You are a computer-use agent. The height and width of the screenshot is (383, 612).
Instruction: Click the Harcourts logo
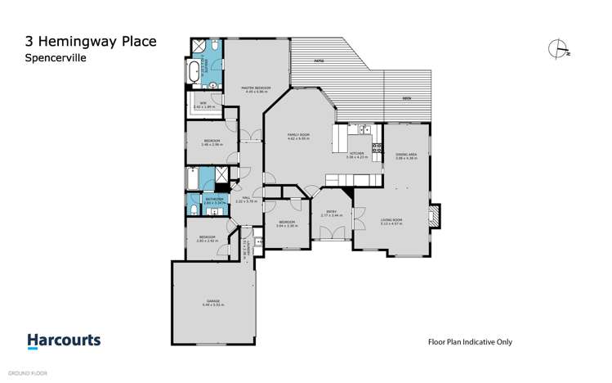point(64,340)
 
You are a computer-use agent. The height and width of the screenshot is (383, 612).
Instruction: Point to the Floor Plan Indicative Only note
point(470,342)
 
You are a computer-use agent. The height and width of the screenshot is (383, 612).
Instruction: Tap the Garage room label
point(212,302)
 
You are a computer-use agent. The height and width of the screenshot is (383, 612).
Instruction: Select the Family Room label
point(298,136)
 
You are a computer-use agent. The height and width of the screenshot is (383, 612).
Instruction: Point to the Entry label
point(331,212)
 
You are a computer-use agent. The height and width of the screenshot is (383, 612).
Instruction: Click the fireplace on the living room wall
point(435,216)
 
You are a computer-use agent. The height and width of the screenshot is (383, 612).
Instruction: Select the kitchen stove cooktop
point(377,148)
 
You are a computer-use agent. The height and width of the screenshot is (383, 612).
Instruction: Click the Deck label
point(406,97)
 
